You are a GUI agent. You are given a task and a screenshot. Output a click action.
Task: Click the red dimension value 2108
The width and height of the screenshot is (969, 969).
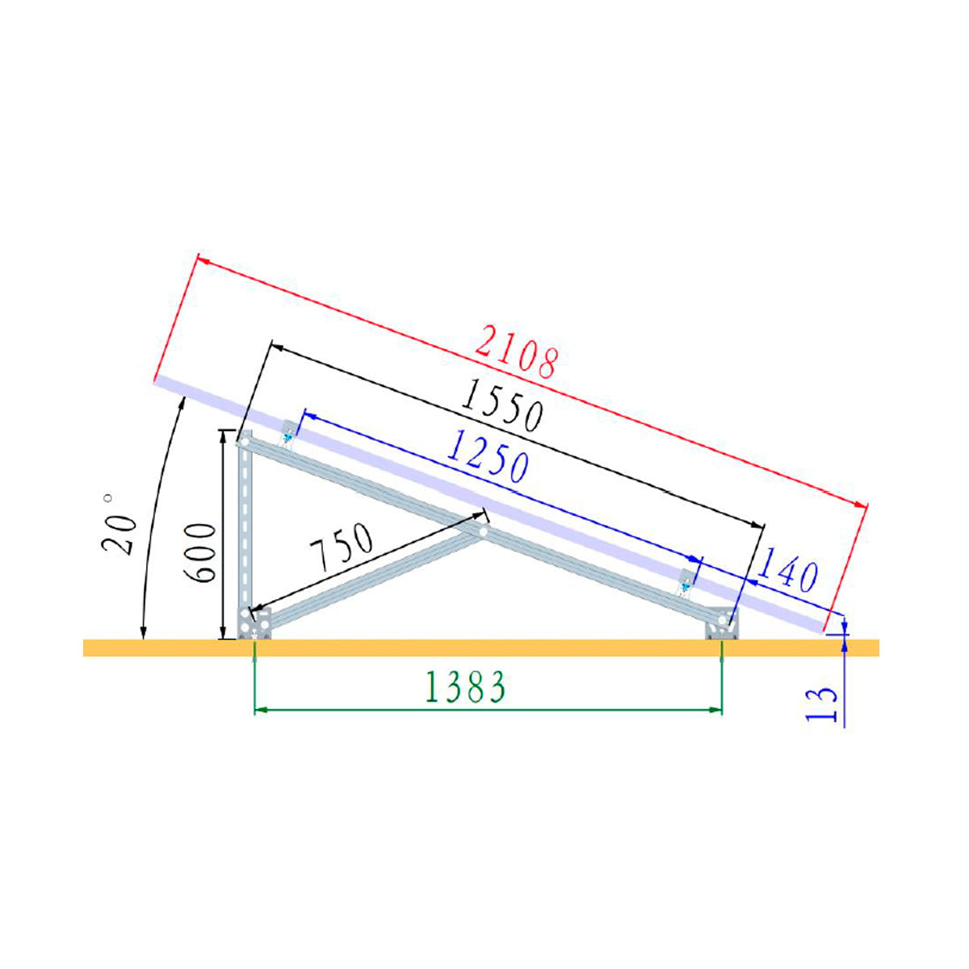pos(516,351)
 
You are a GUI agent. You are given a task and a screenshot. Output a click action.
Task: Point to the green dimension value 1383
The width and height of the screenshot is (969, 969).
pos(465,687)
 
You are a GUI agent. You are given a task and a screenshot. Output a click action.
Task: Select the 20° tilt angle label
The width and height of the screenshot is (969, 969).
pos(118,525)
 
